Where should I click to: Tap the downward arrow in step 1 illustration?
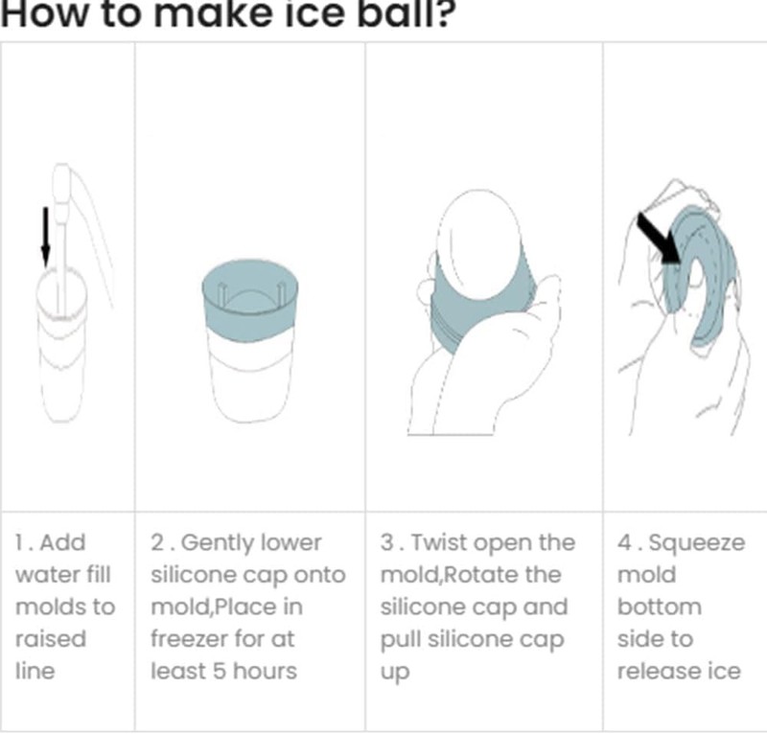(x=45, y=238)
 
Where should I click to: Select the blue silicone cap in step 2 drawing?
(x=250, y=300)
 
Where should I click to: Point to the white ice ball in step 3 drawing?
(x=478, y=243)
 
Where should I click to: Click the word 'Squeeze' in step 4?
(x=697, y=542)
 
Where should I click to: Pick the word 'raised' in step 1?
(x=51, y=638)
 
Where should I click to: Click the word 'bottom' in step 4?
(x=660, y=607)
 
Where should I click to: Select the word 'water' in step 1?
(x=45, y=575)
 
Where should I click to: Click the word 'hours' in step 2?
(x=265, y=671)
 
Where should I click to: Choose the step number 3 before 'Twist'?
(x=387, y=542)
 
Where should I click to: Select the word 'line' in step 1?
(x=35, y=671)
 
